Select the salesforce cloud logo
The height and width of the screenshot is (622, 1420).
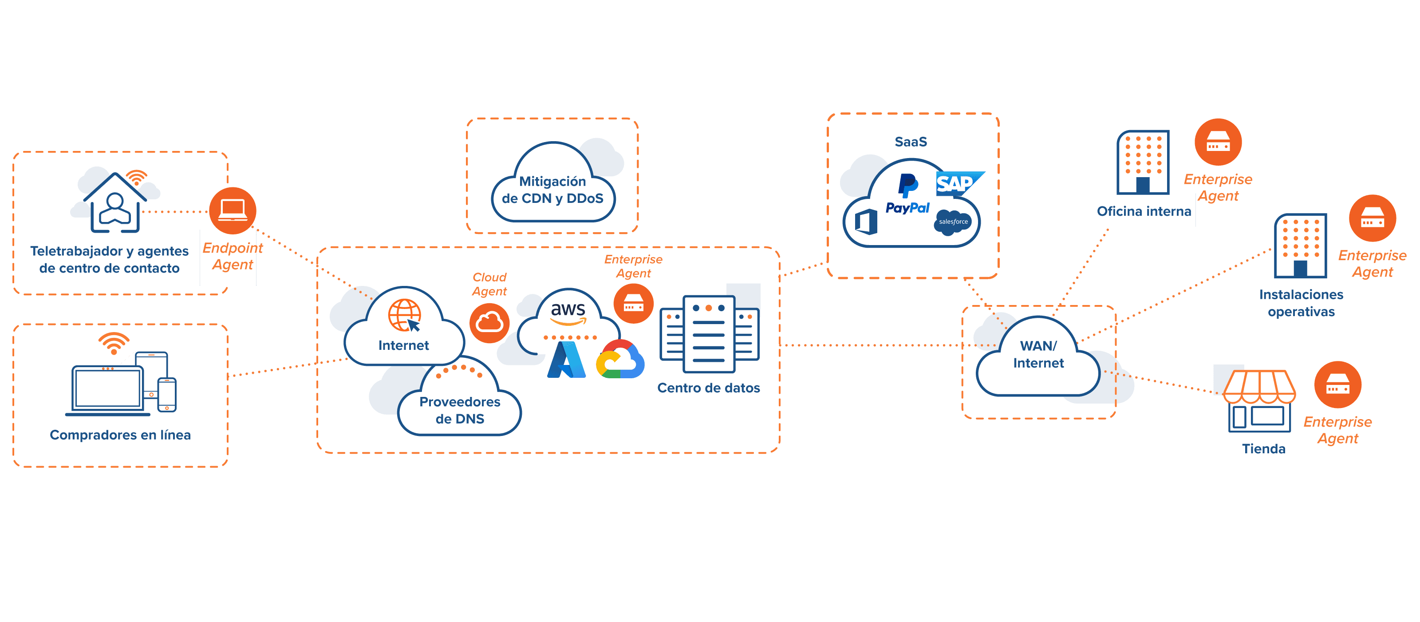click(x=953, y=222)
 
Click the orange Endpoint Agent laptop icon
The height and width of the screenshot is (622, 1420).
click(x=233, y=210)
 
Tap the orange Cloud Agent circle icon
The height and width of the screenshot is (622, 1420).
click(x=489, y=323)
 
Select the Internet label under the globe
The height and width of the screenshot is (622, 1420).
click(x=403, y=346)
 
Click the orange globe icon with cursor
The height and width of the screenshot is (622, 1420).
click(x=405, y=315)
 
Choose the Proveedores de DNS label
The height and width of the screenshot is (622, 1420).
click(x=460, y=410)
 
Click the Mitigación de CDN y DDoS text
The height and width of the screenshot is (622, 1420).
click(x=552, y=190)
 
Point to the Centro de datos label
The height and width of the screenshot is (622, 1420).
click(x=708, y=388)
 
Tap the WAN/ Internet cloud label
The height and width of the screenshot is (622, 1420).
click(x=1038, y=354)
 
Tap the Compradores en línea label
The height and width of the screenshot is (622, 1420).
click(x=120, y=435)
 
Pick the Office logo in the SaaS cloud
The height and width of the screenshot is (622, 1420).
click(x=866, y=222)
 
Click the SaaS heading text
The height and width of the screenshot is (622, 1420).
click(x=911, y=142)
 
